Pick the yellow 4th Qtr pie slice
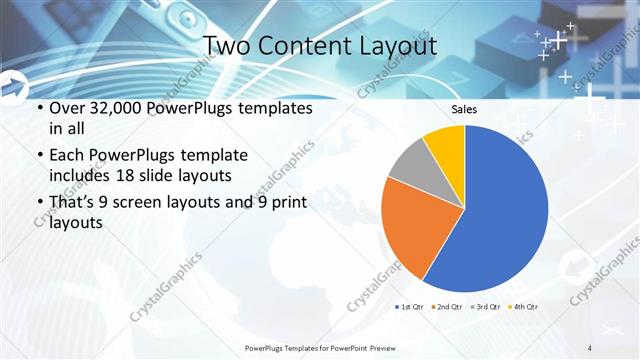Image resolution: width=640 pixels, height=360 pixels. click(x=446, y=145)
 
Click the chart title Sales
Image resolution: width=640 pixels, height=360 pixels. click(x=464, y=109)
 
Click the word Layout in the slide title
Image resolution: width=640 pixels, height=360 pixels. click(x=395, y=45)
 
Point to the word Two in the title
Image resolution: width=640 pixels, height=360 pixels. click(x=226, y=45)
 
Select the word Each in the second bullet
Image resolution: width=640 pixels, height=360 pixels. click(x=67, y=156)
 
